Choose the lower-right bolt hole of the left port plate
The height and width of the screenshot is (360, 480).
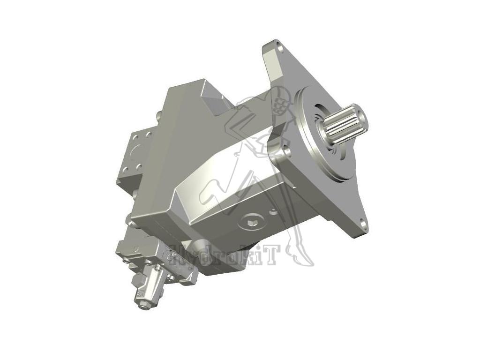click(x=139, y=168)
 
